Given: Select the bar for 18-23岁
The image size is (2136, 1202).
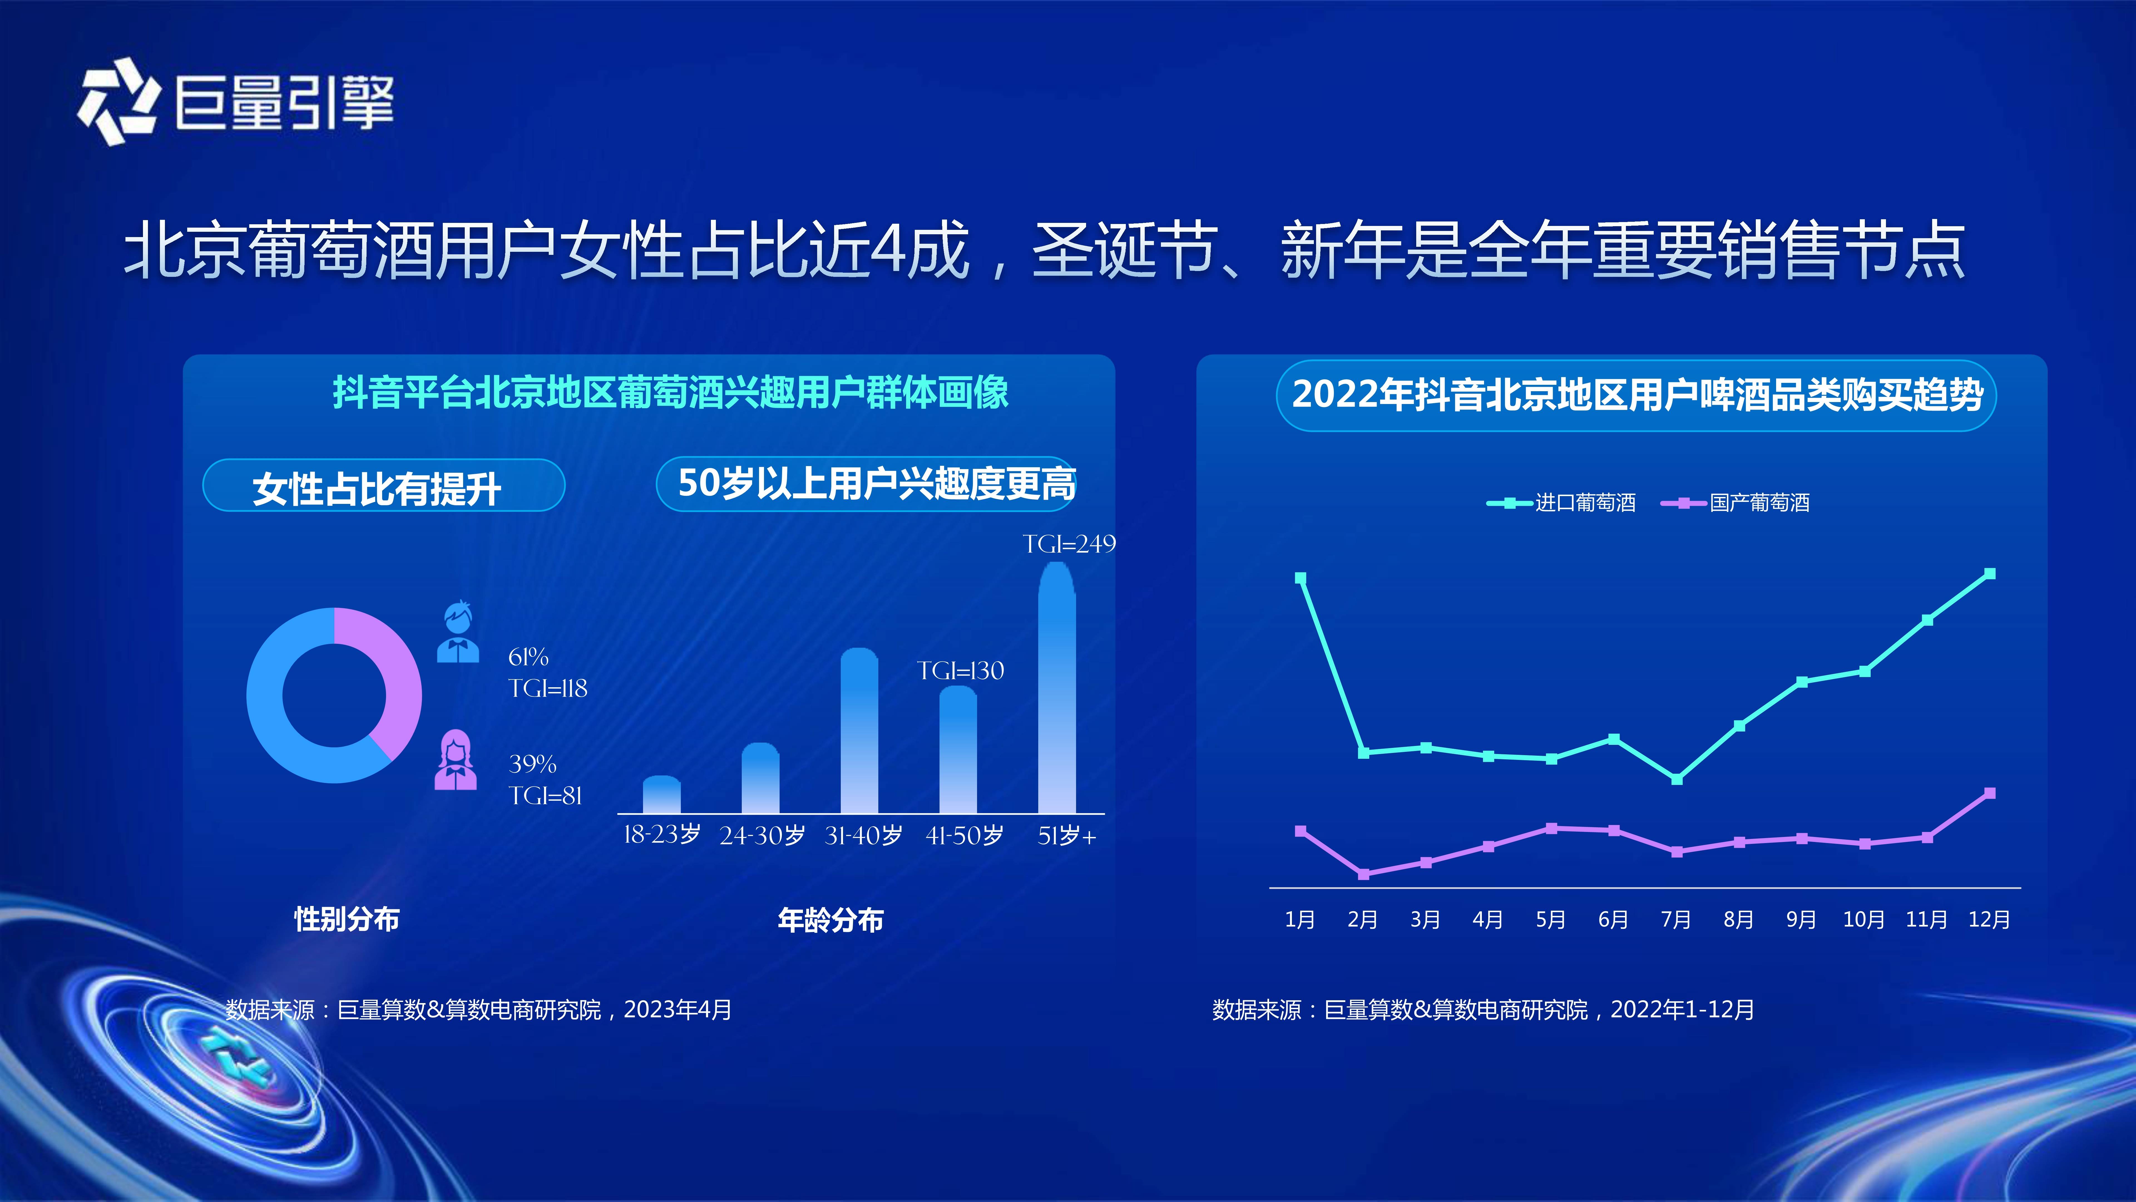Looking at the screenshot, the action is pos(662,795).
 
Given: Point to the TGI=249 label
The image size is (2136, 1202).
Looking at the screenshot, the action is pos(1069,544).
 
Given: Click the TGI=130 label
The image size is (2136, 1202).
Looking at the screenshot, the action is pos(960,670).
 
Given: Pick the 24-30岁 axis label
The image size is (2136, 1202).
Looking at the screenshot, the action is pos(762,835).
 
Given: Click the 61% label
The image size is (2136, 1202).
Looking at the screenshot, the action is pos(528,657).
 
